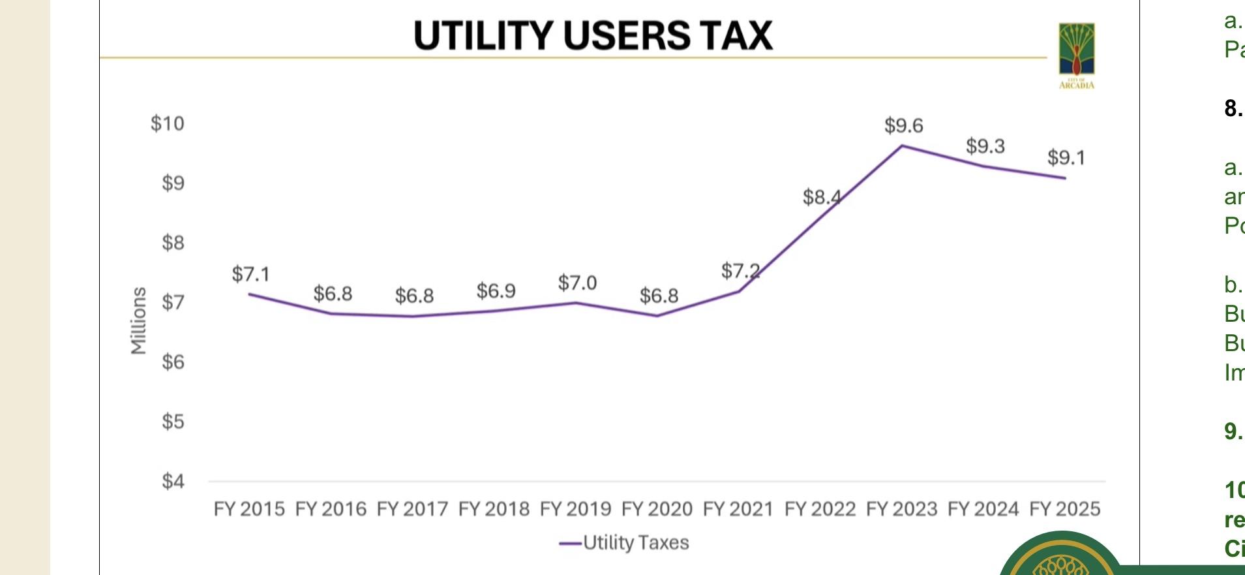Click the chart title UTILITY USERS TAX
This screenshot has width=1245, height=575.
click(x=593, y=35)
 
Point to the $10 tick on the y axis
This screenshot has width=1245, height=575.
click(x=168, y=123)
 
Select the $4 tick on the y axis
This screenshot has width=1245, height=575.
click(x=173, y=481)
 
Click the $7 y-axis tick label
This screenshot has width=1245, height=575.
click(x=173, y=302)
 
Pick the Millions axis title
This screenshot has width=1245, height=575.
click(x=138, y=320)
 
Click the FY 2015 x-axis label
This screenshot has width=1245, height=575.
click(x=249, y=509)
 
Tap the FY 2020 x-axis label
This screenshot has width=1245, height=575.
click(x=657, y=509)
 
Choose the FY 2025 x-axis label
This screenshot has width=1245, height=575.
click(x=1064, y=509)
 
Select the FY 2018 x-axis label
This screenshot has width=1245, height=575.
click(x=494, y=509)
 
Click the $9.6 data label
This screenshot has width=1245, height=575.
click(x=903, y=125)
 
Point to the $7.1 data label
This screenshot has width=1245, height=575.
click(x=250, y=274)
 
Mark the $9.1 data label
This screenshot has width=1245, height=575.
click(x=1066, y=157)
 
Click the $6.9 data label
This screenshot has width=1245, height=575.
click(x=496, y=291)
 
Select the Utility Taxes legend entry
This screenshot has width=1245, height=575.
click(x=624, y=542)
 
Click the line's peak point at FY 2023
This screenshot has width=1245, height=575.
click(x=902, y=146)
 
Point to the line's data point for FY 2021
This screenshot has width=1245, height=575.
click(x=738, y=291)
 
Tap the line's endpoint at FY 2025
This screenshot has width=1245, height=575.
click(x=1065, y=178)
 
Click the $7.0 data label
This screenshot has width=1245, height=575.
click(x=577, y=283)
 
